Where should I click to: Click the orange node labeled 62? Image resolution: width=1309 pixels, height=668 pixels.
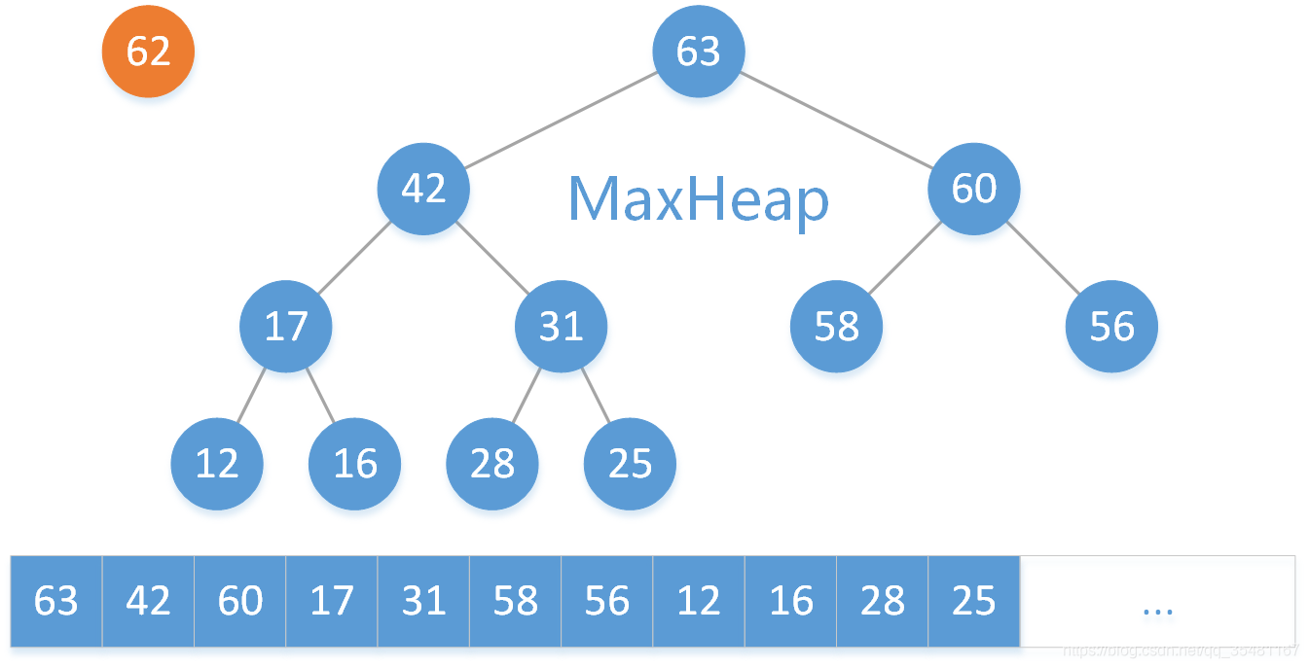[x=149, y=52]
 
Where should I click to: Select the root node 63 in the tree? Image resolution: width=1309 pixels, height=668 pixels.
[x=699, y=52]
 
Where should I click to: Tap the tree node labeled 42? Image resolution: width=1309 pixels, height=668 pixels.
[x=423, y=189]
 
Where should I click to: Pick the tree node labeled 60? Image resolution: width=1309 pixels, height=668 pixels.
[x=974, y=189]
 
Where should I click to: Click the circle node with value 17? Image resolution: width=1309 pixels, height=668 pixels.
[x=286, y=327]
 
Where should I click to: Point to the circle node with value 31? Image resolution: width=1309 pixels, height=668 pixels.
[x=561, y=327]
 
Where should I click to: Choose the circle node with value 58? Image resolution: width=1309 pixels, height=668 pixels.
[x=837, y=327]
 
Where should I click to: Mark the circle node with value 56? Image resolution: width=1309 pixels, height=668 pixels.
[x=1111, y=327]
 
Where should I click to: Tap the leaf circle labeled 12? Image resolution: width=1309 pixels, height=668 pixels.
[x=217, y=464]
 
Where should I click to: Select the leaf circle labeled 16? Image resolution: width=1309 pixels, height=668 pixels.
[x=355, y=464]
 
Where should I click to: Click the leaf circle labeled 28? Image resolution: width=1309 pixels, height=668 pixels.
[x=492, y=464]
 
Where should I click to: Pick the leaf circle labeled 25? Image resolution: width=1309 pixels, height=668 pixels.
[x=630, y=464]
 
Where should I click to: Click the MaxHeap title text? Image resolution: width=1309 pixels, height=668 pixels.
[x=698, y=200]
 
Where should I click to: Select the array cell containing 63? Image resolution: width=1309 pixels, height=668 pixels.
[x=55, y=601]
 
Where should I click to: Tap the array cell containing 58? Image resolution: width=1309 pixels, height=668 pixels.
[x=515, y=601]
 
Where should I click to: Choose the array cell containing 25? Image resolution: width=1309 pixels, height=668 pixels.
[x=973, y=601]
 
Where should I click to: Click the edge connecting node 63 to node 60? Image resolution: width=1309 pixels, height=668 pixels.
[x=837, y=121]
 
